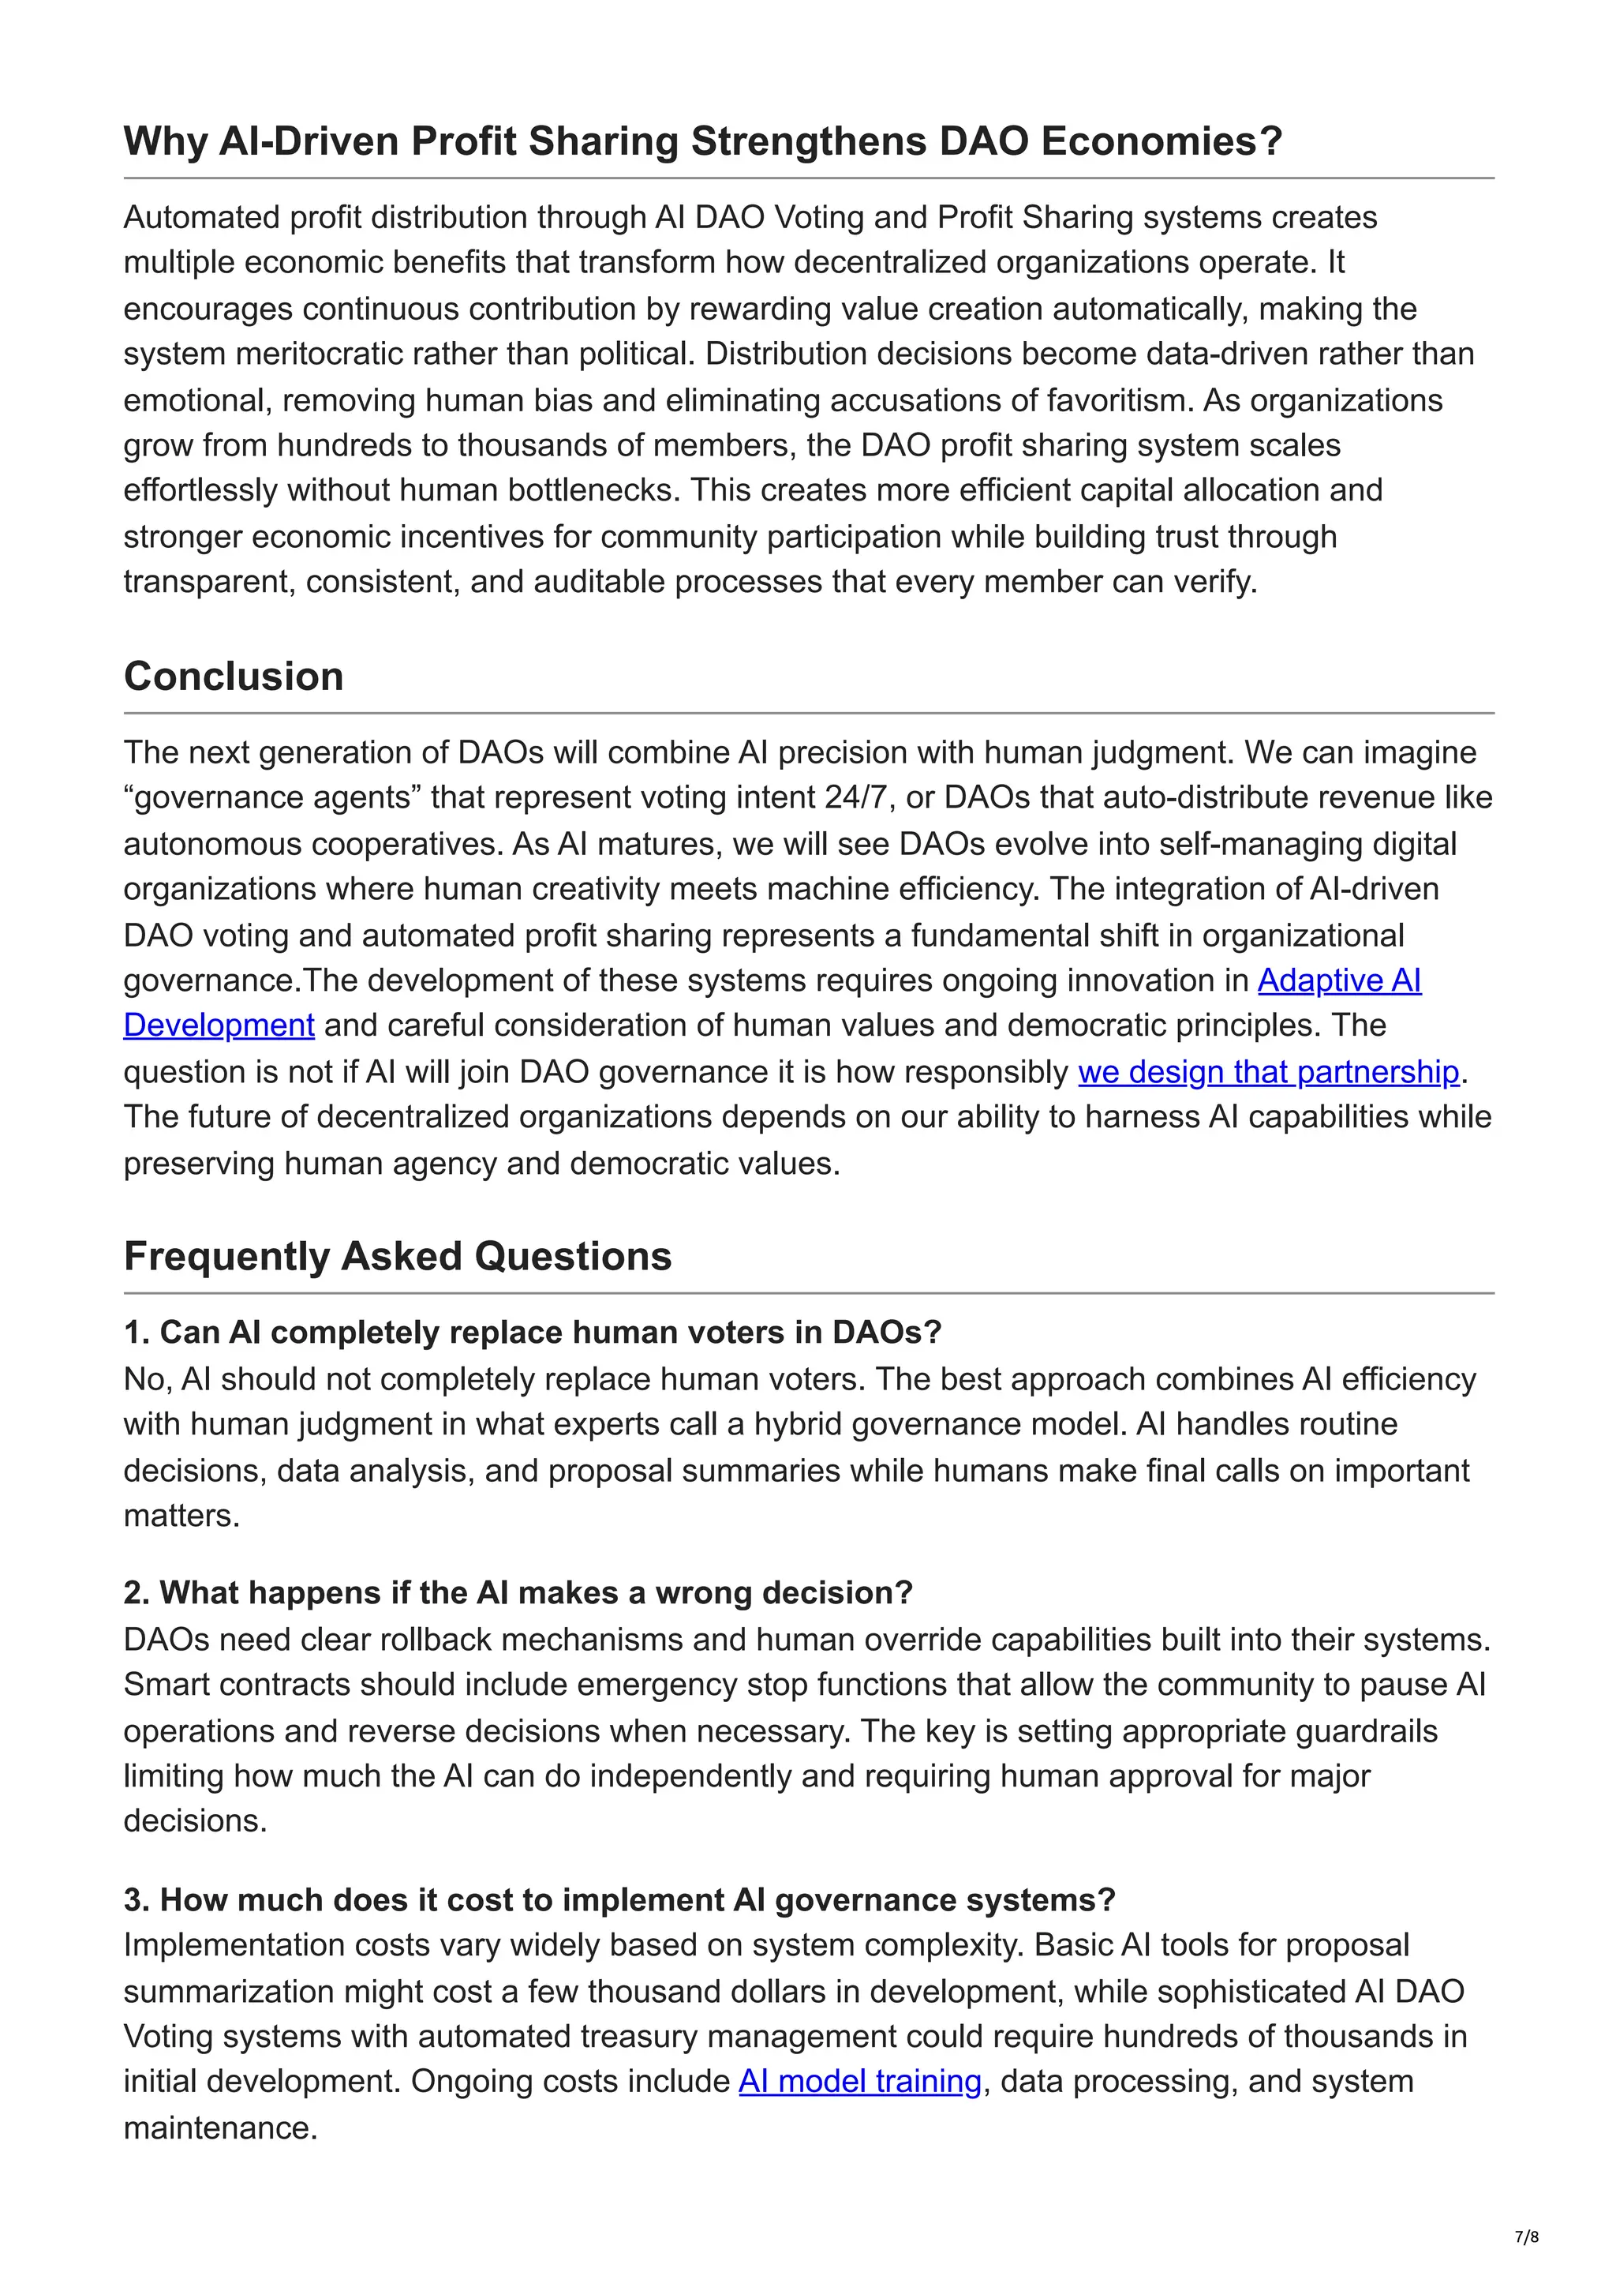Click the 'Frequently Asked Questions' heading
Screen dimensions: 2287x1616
pyautogui.click(x=397, y=1256)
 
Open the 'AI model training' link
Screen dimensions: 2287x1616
pyautogui.click(x=859, y=2081)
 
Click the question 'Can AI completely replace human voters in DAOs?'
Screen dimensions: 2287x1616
pyautogui.click(x=532, y=1332)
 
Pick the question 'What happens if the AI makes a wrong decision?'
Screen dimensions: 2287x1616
pyautogui.click(x=518, y=1592)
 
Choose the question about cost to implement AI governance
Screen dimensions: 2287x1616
pyautogui.click(x=619, y=1899)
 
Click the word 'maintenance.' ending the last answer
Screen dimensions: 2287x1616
pyautogui.click(x=220, y=2128)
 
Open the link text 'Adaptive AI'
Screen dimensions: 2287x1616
pyautogui.click(x=1338, y=980)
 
